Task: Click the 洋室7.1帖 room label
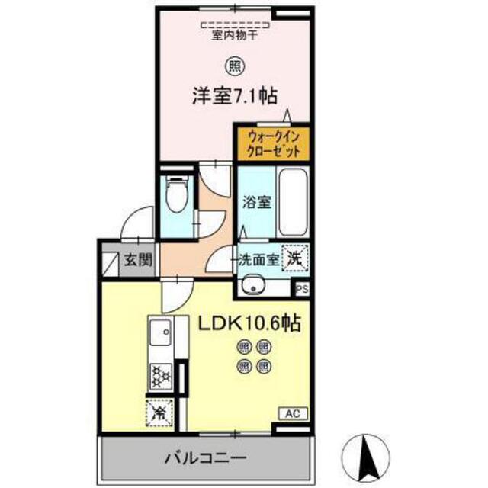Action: (x=235, y=95)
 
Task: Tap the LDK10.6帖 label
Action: (x=249, y=323)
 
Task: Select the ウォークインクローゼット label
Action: (x=273, y=144)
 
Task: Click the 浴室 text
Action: (x=257, y=202)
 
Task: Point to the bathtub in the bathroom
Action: (x=293, y=202)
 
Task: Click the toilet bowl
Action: (x=177, y=194)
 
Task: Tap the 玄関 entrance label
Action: (x=138, y=259)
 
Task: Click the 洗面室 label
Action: (x=258, y=260)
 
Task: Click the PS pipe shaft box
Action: (x=302, y=290)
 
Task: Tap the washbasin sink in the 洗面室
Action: (x=254, y=284)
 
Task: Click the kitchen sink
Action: (x=161, y=332)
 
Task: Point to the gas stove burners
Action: (x=161, y=377)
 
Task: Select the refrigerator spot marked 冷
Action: (x=159, y=413)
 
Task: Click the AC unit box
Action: (x=293, y=413)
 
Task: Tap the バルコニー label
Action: (x=206, y=457)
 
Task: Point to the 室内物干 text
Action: (x=235, y=35)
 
